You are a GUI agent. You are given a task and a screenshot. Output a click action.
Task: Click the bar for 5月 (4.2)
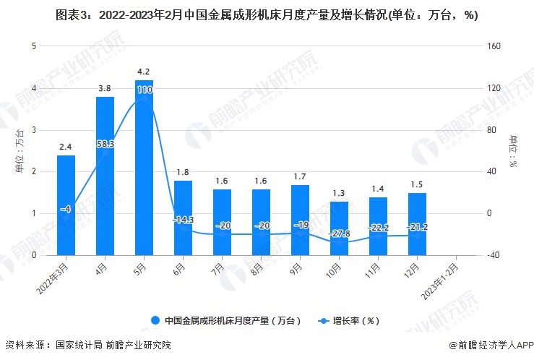pyautogui.click(x=144, y=168)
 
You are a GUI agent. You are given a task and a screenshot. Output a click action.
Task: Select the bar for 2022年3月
pyautogui.click(x=66, y=205)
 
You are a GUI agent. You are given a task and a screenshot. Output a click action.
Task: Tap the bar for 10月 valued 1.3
pyautogui.click(x=339, y=228)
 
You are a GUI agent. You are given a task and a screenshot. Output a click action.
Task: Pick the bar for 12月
pyautogui.click(x=417, y=224)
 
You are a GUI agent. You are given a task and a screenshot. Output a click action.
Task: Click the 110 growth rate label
pyautogui.click(x=144, y=90)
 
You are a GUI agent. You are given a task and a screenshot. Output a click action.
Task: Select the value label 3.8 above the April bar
pyautogui.click(x=105, y=88)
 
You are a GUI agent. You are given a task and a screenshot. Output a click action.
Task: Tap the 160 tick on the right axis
pyautogui.click(x=494, y=46)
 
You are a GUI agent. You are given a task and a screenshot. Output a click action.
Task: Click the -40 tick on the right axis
pyautogui.click(x=493, y=255)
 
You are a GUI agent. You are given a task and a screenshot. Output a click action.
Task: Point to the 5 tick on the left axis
pyautogui.click(x=33, y=46)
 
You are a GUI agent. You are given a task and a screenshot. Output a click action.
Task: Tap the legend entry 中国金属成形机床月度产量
pyautogui.click(x=224, y=320)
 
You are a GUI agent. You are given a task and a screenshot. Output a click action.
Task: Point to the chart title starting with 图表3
pyautogui.click(x=267, y=15)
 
